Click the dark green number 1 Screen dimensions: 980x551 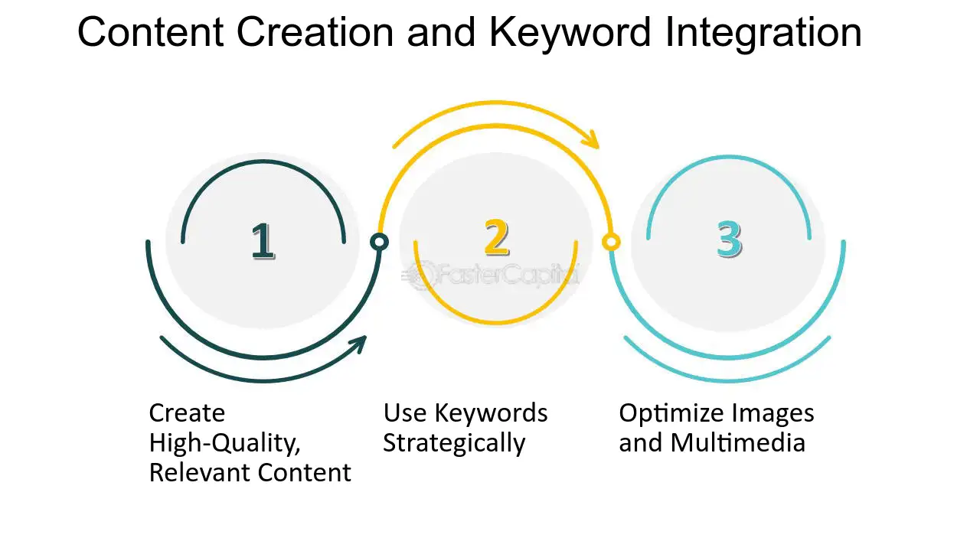click(x=263, y=241)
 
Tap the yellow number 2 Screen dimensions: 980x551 click(x=497, y=237)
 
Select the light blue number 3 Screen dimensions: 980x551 click(x=730, y=239)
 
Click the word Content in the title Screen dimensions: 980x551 click(x=151, y=32)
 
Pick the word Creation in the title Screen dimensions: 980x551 click(x=315, y=32)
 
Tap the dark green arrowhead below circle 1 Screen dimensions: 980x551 click(x=360, y=344)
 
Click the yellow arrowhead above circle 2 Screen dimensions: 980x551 click(x=593, y=139)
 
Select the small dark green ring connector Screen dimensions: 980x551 click(x=379, y=242)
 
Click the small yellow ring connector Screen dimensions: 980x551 click(x=611, y=242)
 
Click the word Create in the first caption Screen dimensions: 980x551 click(x=187, y=412)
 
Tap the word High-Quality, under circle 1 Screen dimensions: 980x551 click(x=225, y=443)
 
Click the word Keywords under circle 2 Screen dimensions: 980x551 click(x=491, y=412)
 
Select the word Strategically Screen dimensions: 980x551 click(x=454, y=444)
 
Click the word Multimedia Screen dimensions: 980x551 click(x=737, y=442)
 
